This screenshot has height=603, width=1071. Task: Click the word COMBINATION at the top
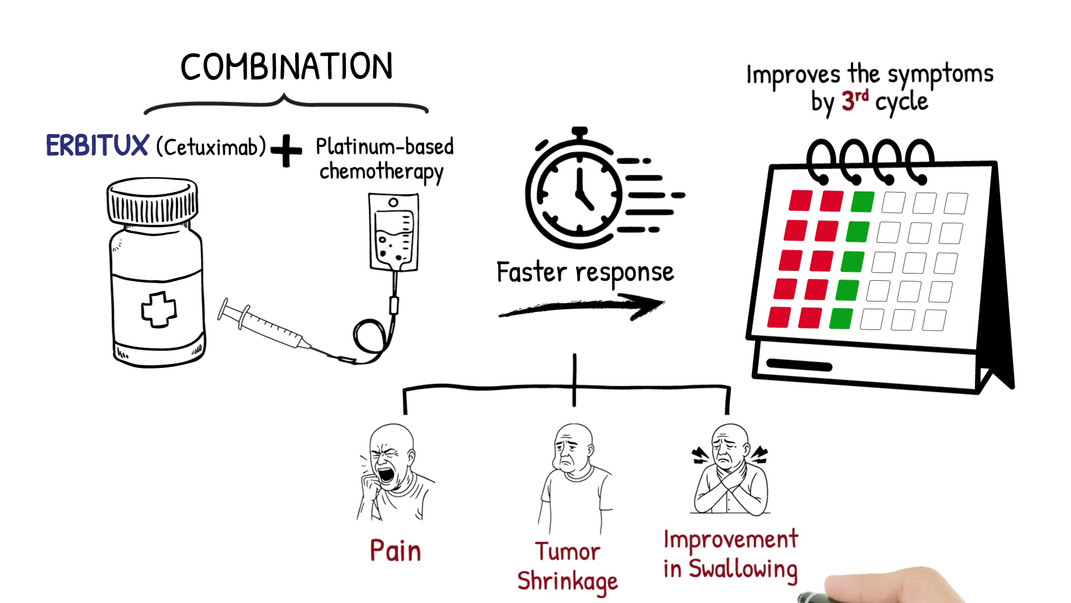point(286,67)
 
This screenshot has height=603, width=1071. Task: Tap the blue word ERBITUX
point(97,146)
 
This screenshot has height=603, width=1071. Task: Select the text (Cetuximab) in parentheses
point(211,147)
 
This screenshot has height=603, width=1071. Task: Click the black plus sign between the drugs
point(286,150)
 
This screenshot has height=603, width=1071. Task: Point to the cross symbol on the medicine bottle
point(159,309)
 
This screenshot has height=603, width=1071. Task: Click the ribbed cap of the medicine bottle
point(152,201)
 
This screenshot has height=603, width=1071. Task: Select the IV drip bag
point(393,232)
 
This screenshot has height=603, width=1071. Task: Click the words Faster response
point(585,273)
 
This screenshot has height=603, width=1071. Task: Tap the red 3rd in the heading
point(854,100)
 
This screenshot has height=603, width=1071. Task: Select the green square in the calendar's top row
point(862,202)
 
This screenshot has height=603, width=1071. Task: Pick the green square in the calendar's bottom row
point(841,318)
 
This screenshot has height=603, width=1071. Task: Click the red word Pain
point(395,551)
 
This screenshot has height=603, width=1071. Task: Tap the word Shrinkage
point(567,581)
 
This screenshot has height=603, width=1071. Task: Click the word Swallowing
point(743,569)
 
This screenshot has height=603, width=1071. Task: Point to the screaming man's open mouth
point(385,475)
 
